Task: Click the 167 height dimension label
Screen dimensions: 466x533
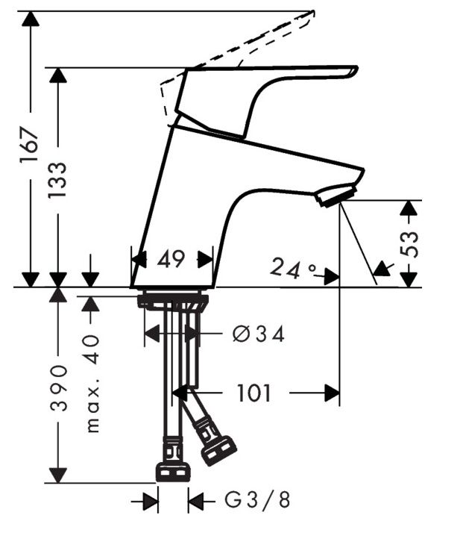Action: [x=29, y=145]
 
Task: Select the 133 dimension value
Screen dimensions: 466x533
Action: [x=57, y=180]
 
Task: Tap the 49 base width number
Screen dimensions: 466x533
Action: [x=171, y=259]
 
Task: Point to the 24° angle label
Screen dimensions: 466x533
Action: [x=293, y=268]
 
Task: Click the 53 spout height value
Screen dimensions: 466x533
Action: [x=409, y=244]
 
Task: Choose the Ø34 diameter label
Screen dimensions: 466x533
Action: [x=258, y=334]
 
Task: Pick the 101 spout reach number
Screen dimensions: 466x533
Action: [x=254, y=393]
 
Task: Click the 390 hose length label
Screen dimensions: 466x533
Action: [x=58, y=387]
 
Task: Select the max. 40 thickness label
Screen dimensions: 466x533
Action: [x=92, y=384]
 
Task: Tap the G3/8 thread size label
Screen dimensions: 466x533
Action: [x=258, y=500]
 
